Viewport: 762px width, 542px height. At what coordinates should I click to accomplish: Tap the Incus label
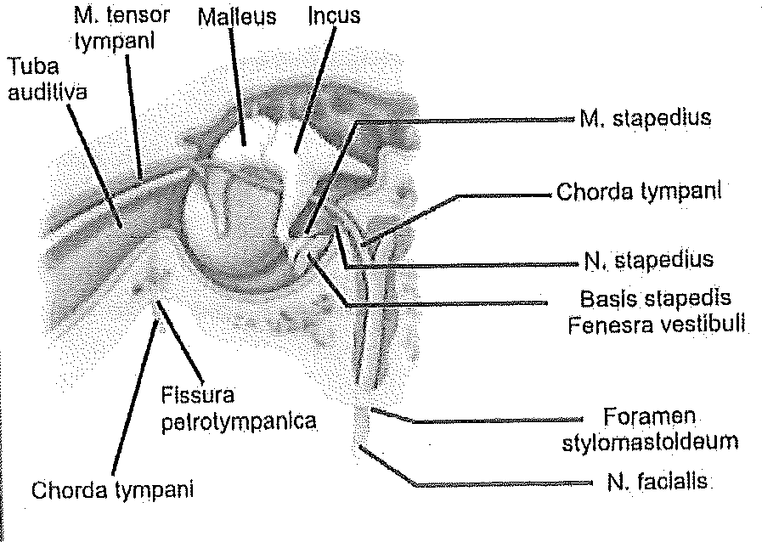coord(334,15)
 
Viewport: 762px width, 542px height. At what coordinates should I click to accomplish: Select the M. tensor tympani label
coord(121,28)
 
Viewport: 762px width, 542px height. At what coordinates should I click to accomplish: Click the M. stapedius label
coord(646,118)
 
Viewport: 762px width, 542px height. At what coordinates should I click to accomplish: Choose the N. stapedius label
coord(648,258)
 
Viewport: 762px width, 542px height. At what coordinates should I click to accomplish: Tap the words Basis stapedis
coord(656,300)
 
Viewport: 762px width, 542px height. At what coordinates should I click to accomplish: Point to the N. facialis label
coord(658,482)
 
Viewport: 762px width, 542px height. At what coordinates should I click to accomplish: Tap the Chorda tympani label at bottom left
coord(112,490)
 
